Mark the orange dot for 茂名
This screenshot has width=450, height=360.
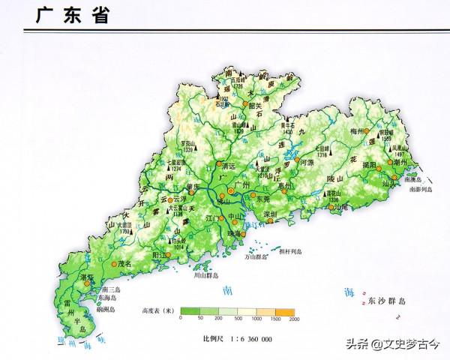tap(116, 264)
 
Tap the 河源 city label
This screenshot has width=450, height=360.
tap(306, 161)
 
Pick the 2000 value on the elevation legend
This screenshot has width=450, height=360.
tap(293, 319)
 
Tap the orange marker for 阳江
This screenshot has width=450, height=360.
tap(168, 254)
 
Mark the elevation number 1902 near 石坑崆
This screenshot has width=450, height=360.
tap(223, 97)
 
